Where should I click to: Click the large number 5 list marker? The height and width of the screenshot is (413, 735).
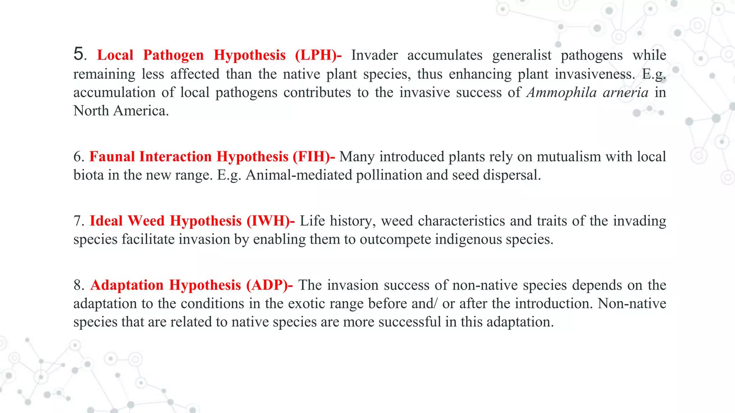[x=80, y=54]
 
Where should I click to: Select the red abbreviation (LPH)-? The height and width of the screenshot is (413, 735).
[x=318, y=55]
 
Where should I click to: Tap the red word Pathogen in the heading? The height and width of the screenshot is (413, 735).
[x=173, y=55]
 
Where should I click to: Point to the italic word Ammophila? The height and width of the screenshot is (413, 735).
[x=562, y=92]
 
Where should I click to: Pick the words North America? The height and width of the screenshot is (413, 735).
[x=121, y=111]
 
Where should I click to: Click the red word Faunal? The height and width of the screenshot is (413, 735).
[x=112, y=157]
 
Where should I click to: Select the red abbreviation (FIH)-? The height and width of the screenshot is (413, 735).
[x=314, y=157]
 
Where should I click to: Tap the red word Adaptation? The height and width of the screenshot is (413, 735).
[x=127, y=285]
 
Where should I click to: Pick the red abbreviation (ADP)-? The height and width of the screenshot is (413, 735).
[x=270, y=285]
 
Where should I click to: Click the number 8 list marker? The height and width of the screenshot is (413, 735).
[x=79, y=285]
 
